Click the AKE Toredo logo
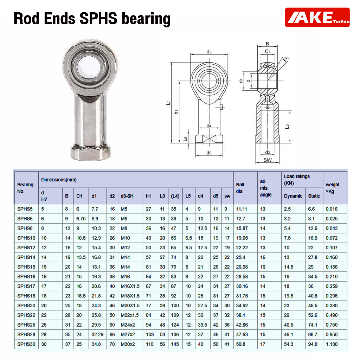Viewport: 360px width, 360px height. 317,18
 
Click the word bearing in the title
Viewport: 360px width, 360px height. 146,19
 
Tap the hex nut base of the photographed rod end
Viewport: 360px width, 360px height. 90,152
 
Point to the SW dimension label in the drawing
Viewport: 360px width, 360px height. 268,160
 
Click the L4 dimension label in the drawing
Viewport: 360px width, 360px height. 168,103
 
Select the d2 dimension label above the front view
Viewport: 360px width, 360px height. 209,52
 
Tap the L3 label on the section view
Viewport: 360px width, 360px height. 287,127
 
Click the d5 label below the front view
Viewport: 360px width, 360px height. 209,153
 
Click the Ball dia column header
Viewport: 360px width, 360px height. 240,188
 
